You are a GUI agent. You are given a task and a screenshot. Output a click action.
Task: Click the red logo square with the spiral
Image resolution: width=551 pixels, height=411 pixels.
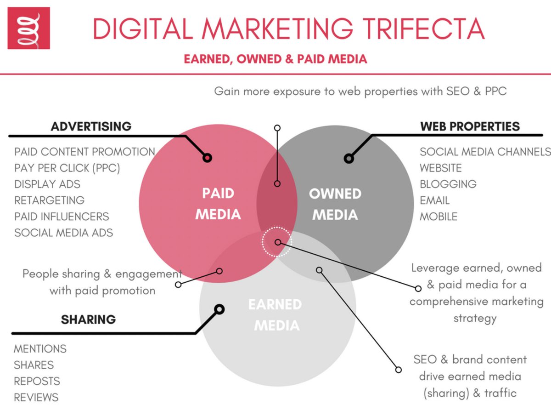click(x=28, y=28)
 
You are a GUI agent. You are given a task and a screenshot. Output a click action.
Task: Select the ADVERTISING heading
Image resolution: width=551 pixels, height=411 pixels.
click(x=91, y=126)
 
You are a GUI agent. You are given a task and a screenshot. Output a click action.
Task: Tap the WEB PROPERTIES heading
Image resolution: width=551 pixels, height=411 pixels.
click(x=470, y=126)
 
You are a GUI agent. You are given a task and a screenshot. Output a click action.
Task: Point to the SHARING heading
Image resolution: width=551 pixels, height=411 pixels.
click(x=88, y=319)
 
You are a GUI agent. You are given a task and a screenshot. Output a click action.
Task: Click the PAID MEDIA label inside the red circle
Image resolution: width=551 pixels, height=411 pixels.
click(x=218, y=204)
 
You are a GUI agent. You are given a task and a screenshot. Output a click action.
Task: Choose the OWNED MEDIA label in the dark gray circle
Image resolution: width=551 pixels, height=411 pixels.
click(x=335, y=204)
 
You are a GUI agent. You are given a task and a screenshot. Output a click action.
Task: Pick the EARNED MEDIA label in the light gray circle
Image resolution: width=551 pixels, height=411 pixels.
click(x=275, y=315)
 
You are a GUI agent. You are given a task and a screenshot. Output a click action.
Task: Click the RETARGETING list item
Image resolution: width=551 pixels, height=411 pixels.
click(x=49, y=200)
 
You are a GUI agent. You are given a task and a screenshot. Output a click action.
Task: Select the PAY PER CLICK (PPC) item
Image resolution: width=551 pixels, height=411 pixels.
click(x=67, y=168)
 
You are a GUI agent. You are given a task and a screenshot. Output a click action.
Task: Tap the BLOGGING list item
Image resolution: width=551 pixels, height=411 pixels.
click(x=448, y=184)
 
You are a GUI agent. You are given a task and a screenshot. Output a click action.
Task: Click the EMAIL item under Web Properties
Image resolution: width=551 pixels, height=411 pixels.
click(x=434, y=200)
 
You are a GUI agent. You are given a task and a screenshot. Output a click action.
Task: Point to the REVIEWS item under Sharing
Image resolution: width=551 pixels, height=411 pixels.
click(x=36, y=397)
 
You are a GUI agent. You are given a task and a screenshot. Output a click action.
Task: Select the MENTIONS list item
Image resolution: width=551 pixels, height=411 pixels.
click(x=40, y=348)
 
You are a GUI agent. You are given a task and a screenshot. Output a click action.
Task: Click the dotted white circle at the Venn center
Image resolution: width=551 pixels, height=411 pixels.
click(x=277, y=242)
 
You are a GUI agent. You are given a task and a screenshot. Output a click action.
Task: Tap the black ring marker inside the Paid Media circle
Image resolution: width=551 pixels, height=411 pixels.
click(x=207, y=158)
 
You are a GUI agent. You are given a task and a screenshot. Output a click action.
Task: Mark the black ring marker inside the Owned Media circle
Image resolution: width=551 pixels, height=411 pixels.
click(x=349, y=159)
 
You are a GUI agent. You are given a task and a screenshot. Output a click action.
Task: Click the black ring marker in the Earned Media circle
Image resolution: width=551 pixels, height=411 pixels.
click(x=219, y=309)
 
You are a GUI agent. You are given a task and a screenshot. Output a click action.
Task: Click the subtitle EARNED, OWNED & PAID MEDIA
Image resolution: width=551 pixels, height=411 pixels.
click(x=275, y=59)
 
